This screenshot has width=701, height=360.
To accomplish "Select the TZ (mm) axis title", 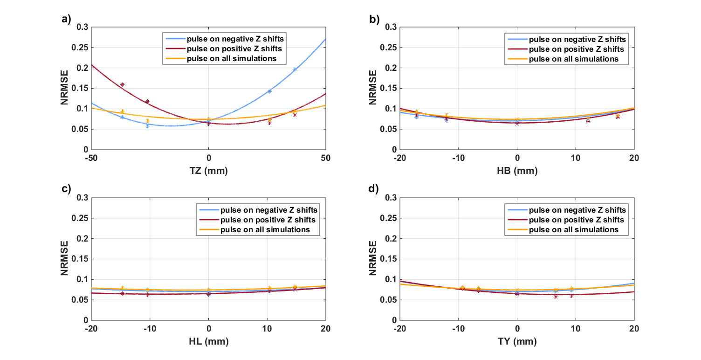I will tap(209, 171).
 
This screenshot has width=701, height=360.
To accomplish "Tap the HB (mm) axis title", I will tap(517, 171).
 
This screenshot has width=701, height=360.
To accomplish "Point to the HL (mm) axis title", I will tap(209, 341).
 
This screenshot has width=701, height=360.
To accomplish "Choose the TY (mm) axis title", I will tap(517, 341).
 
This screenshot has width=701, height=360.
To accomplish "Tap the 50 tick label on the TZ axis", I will tap(325, 159).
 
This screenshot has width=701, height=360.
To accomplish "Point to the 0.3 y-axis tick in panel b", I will tap(391, 28).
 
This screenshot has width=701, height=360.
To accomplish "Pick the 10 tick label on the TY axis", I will tap(576, 329).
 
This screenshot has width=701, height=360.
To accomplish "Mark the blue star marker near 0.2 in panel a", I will tap(295, 69).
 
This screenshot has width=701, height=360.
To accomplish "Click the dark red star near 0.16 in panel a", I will tap(122, 85).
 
